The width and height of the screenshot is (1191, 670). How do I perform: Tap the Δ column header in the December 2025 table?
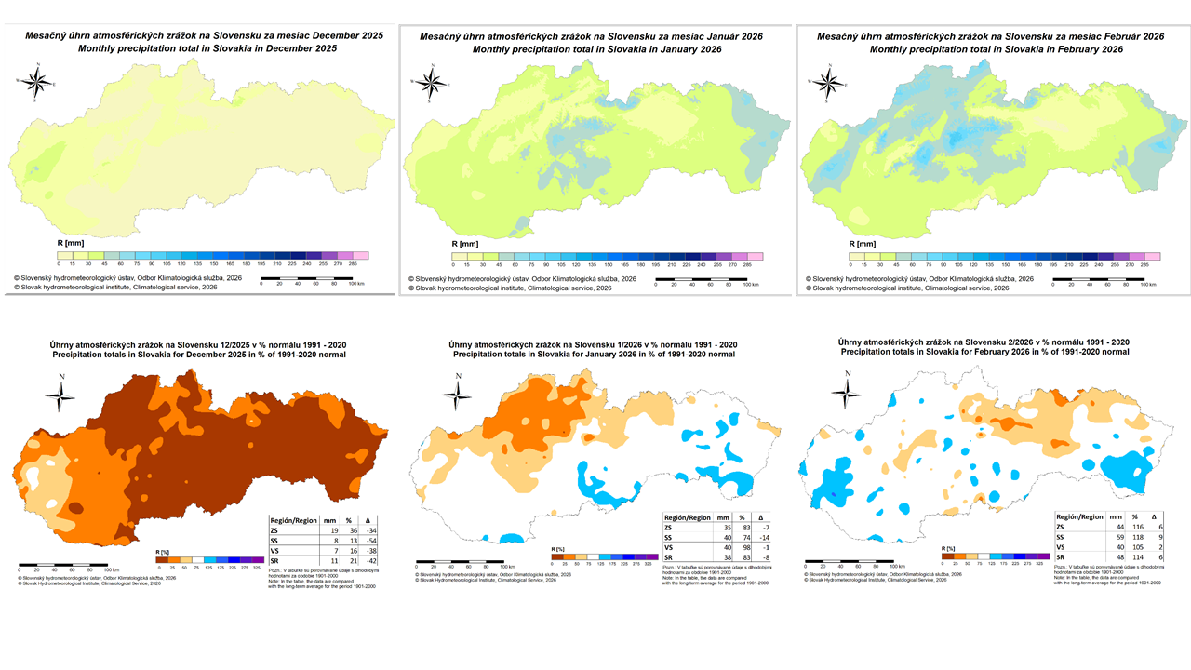coord(365,519)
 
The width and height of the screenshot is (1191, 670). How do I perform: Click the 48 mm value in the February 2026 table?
coord(1103,558)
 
